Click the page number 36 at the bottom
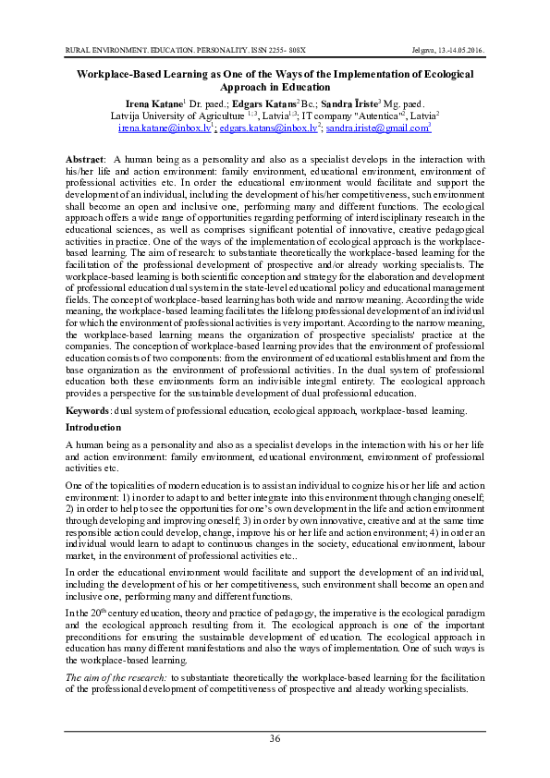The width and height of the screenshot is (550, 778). point(275,736)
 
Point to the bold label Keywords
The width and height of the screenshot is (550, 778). point(92,409)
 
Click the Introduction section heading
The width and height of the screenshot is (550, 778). point(93,428)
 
